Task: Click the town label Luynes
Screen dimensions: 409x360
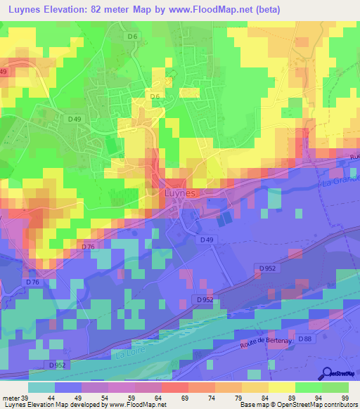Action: click(171, 191)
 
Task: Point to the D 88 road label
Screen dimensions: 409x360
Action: click(304, 339)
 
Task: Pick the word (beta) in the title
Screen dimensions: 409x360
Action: click(271, 9)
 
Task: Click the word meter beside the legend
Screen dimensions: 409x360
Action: click(10, 397)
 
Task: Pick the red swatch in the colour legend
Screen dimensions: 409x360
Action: click(174, 387)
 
